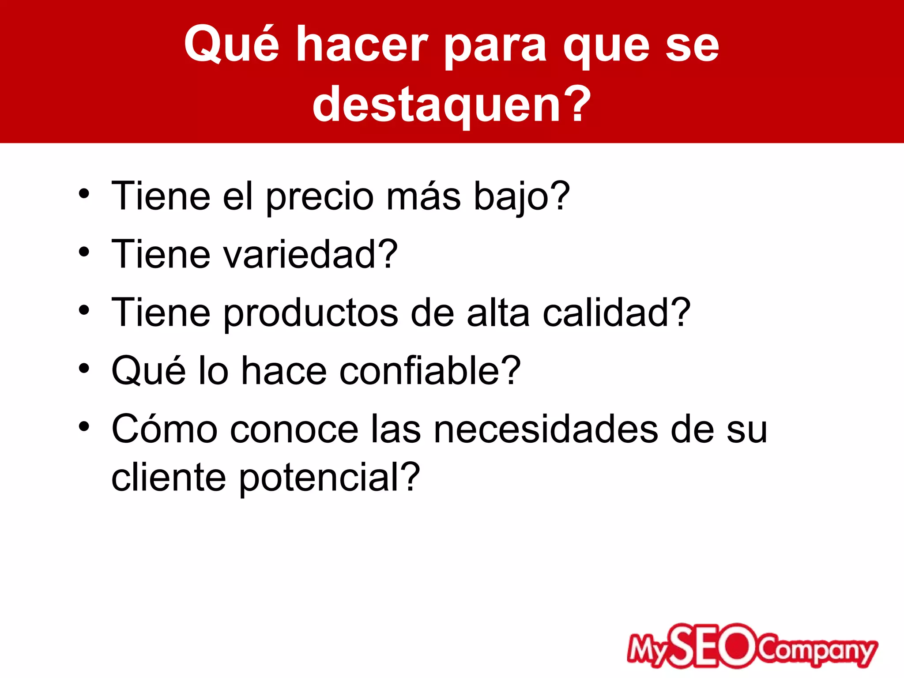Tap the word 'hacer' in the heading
point(362,44)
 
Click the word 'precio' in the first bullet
point(320,197)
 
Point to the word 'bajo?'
point(522,197)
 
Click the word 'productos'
point(311,313)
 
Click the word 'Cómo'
point(165,429)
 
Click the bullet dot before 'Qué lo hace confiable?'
point(84,369)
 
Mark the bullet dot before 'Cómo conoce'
point(84,427)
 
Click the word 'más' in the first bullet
point(423,197)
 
